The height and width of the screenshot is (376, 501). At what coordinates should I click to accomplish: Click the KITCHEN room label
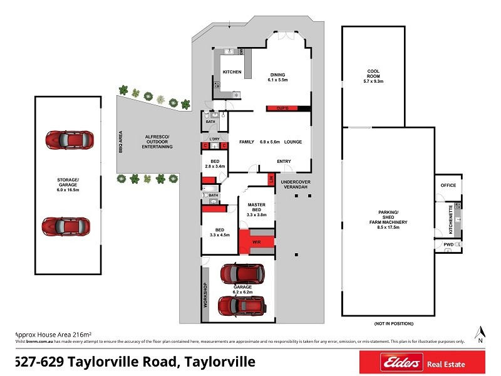pyautogui.click(x=232, y=72)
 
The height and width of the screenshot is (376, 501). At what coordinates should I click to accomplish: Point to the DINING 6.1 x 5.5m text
pyautogui.click(x=277, y=76)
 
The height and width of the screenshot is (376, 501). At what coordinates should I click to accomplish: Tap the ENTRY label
pyautogui.click(x=284, y=162)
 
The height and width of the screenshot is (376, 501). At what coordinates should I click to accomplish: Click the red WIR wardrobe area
pyautogui.click(x=256, y=241)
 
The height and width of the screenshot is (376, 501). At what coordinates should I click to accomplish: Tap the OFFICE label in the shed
pyautogui.click(x=448, y=185)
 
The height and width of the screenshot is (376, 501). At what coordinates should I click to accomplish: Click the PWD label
pyautogui.click(x=448, y=244)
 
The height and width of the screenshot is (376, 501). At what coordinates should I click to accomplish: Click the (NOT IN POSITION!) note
pyautogui.click(x=394, y=323)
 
